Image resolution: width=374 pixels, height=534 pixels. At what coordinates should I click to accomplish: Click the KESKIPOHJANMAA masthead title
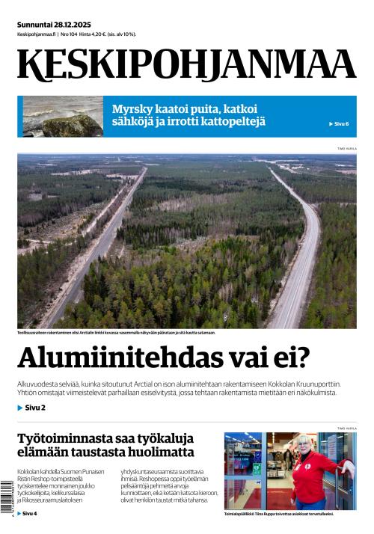pyautogui.click(x=186, y=66)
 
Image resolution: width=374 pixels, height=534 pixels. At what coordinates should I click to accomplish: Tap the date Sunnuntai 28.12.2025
pyautogui.click(x=53, y=25)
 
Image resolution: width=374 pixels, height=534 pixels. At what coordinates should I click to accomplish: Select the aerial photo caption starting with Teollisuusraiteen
pyautogui.click(x=116, y=332)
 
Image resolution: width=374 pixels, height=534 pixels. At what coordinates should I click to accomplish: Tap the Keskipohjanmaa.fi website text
pyautogui.click(x=35, y=34)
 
